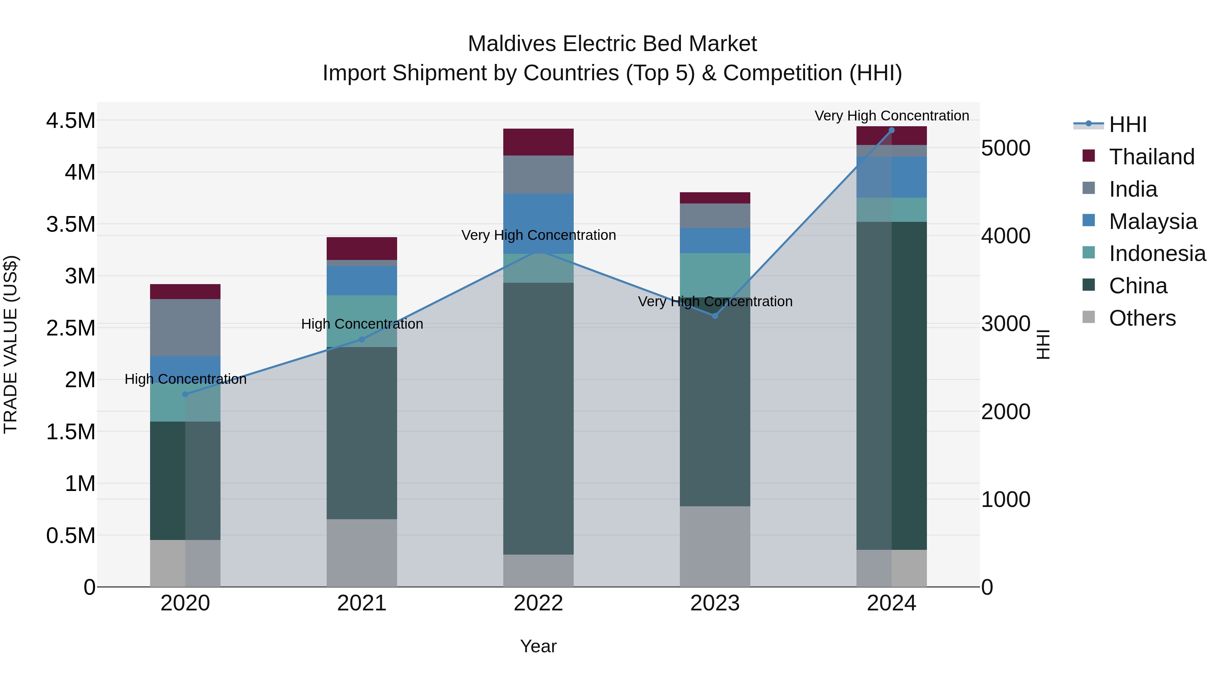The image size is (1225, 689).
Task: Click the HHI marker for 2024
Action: pos(892,130)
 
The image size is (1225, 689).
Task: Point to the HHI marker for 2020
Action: pos(185,394)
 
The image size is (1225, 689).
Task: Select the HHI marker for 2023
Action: pos(715,316)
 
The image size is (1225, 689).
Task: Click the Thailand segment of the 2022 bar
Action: pos(538,142)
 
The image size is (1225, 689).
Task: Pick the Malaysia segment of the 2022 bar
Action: pos(538,224)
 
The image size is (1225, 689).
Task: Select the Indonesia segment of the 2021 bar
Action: pos(361,321)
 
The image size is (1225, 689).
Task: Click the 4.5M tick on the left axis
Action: pos(71,121)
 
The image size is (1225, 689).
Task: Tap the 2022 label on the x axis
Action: pos(538,603)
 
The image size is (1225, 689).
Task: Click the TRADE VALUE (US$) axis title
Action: pos(11,344)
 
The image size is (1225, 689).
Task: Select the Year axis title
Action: pos(538,646)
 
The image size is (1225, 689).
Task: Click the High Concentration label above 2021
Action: pos(362,324)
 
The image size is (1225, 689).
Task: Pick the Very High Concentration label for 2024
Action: pos(892,116)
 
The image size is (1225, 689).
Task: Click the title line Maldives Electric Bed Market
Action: pos(612,44)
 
